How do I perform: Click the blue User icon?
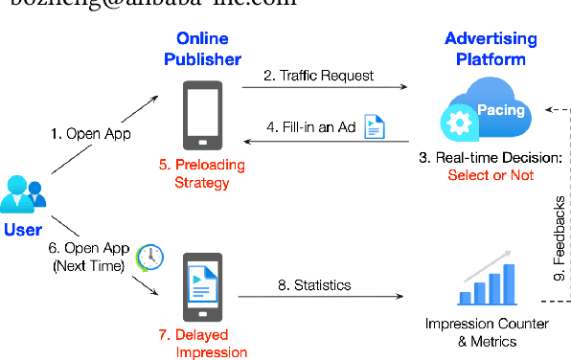point(24,193)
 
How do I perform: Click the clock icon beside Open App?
point(148,256)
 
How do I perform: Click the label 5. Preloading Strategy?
point(202,173)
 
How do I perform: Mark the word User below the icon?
point(23,230)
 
